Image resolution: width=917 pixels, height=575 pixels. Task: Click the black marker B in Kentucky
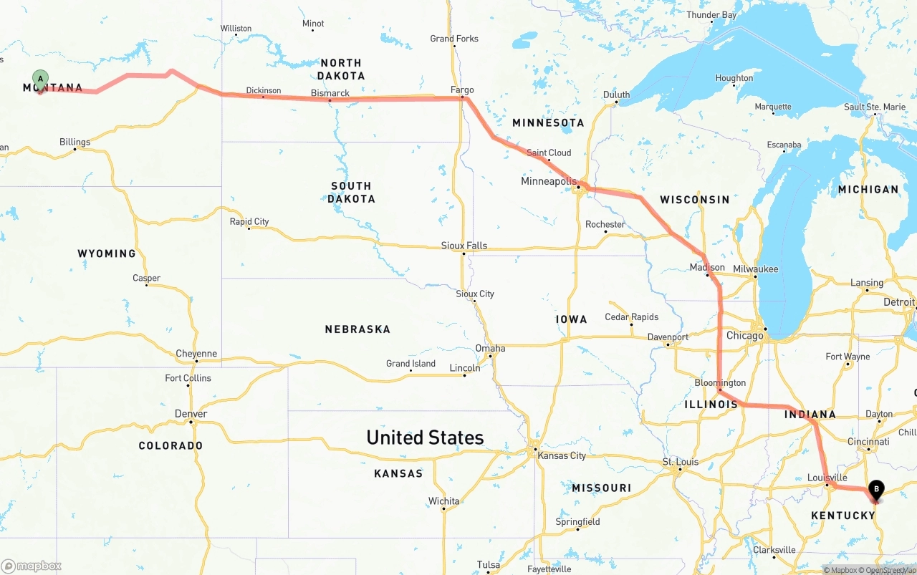pyautogui.click(x=876, y=490)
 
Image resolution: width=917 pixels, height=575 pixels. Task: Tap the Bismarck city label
pyautogui.click(x=330, y=93)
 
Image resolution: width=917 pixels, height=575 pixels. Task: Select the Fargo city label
pyautogui.click(x=462, y=90)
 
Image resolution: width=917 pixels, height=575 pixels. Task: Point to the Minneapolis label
pyautogui.click(x=548, y=181)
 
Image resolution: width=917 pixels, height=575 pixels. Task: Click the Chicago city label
pyautogui.click(x=744, y=335)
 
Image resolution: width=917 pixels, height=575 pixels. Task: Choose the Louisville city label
pyautogui.click(x=827, y=478)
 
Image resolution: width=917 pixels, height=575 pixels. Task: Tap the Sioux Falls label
pyautogui.click(x=464, y=246)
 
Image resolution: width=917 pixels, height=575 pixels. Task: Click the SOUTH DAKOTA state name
pyautogui.click(x=351, y=192)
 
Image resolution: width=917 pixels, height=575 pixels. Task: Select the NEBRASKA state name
pyautogui.click(x=357, y=329)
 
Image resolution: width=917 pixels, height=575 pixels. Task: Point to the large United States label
pyautogui.click(x=425, y=438)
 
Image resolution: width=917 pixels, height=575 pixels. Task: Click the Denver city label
pyautogui.click(x=191, y=414)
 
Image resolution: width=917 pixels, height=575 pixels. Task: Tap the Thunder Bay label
pyautogui.click(x=711, y=15)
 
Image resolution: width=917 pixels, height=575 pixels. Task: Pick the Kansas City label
pyautogui.click(x=562, y=455)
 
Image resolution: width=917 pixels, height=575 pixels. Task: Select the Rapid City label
pyautogui.click(x=249, y=221)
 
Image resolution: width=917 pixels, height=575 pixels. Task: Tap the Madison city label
pyautogui.click(x=707, y=267)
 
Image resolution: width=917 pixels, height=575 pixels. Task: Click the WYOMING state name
pyautogui.click(x=107, y=253)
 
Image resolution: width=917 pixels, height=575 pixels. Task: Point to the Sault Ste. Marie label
pyautogui.click(x=875, y=107)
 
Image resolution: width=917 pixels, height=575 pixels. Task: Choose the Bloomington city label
pyautogui.click(x=720, y=383)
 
